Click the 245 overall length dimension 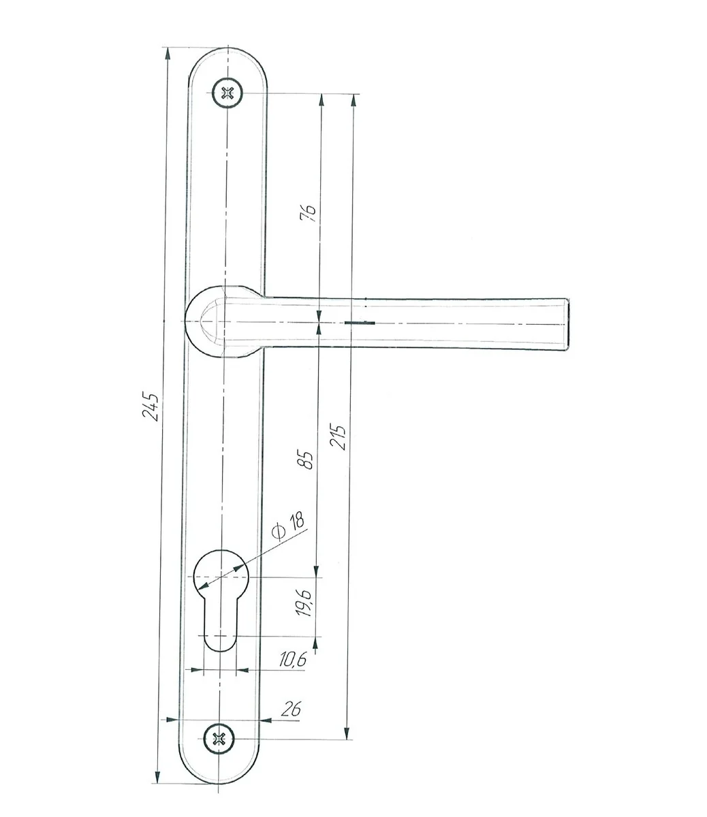point(151,406)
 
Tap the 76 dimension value point(308,212)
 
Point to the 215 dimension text point(338,437)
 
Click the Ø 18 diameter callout point(289,526)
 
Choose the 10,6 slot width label point(293,659)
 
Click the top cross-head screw point(227,93)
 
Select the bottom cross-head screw point(219,739)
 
